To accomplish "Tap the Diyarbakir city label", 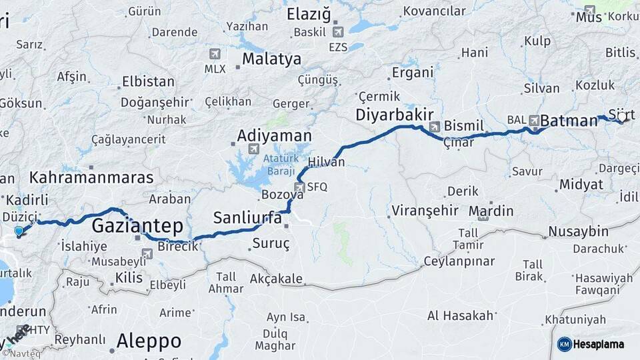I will tap(395, 114).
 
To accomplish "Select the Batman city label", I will tap(569, 121).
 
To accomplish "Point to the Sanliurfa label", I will tap(247, 217).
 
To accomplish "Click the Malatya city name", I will tap(271, 59).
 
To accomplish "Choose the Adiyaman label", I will tap(275, 136).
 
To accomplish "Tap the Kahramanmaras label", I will tap(91, 178).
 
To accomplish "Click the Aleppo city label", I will tap(149, 341).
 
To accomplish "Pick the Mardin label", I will tap(491, 211).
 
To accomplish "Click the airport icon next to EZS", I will tap(337, 31).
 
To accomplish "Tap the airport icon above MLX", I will tap(214, 54).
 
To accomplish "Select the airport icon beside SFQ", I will tap(299, 188).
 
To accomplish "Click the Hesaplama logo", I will tap(590, 344).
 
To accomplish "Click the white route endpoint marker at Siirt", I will tap(622, 117).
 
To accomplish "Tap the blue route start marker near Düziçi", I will tap(19, 232).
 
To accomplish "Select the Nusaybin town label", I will tap(578, 232).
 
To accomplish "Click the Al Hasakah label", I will tap(461, 315).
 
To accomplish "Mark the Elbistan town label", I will tap(148, 82).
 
